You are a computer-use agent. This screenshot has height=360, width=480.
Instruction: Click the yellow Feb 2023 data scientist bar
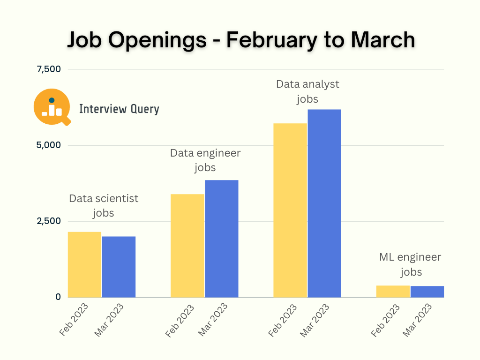pos(84,264)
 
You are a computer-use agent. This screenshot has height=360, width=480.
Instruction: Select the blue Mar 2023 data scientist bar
pos(119,267)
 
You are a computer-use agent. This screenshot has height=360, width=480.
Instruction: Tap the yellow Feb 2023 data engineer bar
pos(187,246)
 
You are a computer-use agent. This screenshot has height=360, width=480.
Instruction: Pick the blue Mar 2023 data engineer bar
pos(221,239)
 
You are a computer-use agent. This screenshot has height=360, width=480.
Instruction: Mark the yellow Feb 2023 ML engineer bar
pos(393,291)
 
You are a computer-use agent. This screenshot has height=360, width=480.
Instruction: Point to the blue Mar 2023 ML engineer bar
pos(427,292)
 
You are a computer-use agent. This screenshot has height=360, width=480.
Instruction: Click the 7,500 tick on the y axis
pos(49,69)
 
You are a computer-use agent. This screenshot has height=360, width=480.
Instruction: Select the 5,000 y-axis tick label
pos(49,145)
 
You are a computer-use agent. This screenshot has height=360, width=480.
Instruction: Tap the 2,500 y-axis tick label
pos(49,221)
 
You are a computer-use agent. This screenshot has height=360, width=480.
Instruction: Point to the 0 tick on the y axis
pos(58,297)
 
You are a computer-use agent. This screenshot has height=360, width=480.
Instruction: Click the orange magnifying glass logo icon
pos(52,107)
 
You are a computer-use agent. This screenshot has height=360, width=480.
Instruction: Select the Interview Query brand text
pos(119,109)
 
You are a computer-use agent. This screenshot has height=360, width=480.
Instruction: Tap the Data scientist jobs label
pos(104,205)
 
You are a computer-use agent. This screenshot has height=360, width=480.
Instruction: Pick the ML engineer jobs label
pos(410,264)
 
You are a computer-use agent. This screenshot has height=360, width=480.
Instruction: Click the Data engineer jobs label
pos(205,160)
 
